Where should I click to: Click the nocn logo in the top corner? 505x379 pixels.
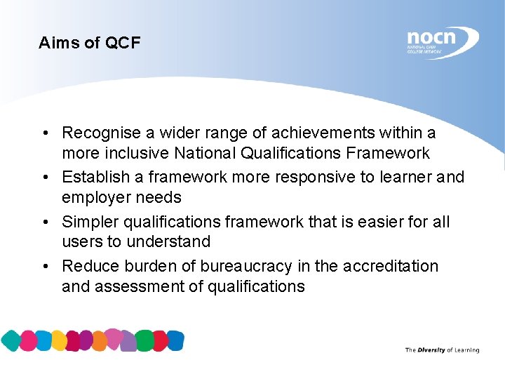[440, 41]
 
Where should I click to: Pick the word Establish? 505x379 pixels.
[93, 177]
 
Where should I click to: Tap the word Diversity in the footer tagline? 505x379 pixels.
[431, 350]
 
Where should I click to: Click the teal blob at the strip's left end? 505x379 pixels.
[11, 340]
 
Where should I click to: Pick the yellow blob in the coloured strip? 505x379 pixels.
[59, 341]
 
